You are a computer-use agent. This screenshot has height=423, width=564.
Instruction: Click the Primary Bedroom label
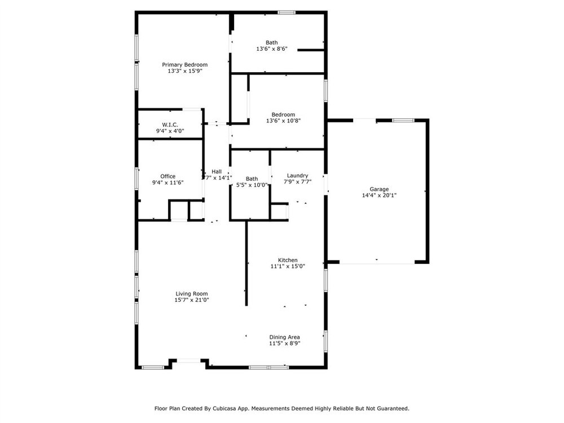tap(184, 65)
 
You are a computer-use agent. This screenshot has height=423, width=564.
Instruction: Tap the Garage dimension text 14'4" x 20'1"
tap(379, 195)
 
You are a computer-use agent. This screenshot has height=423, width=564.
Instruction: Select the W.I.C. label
tap(170, 125)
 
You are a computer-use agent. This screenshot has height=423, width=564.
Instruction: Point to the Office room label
tap(168, 176)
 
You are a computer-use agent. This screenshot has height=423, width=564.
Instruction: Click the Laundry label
tap(297, 175)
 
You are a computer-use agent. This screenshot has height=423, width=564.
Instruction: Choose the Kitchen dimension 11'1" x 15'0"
tap(288, 266)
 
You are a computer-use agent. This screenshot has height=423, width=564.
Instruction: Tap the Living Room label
tap(192, 293)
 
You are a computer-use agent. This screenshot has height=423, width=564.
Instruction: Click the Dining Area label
tap(284, 337)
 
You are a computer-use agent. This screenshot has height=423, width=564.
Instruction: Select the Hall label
tap(217, 171)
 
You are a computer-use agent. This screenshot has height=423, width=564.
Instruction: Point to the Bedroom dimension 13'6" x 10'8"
tap(284, 121)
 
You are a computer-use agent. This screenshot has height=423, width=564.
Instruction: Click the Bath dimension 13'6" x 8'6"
tap(272, 49)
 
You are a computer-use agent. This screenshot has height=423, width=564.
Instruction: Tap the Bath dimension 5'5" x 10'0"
tap(252, 185)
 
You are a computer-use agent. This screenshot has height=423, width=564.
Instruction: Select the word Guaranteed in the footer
tap(394, 408)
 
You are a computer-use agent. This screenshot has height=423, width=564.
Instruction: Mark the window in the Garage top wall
tap(403, 121)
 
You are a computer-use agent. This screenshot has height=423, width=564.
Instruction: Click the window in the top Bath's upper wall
tap(287, 12)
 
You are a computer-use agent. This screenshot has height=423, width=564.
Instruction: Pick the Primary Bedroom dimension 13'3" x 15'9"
tap(185, 71)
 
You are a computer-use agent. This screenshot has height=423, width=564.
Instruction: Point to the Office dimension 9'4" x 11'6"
tap(168, 183)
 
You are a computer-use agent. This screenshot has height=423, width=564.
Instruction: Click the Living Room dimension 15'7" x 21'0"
tap(192, 300)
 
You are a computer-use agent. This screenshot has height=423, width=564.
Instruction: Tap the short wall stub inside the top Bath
tap(311, 50)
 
